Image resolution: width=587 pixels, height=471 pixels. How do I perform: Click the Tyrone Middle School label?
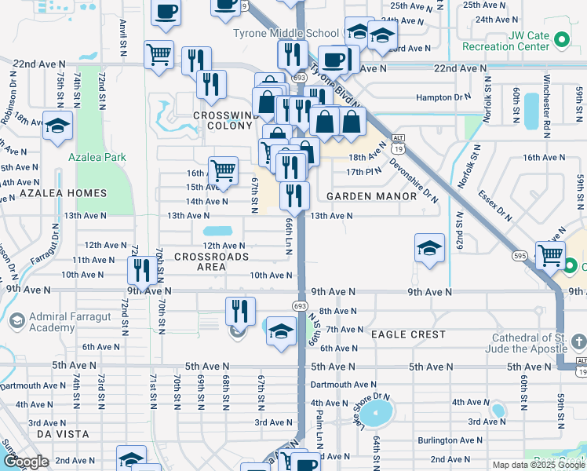point(286,33)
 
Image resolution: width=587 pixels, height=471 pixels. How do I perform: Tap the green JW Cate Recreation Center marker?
point(561,39)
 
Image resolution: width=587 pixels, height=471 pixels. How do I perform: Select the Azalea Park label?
point(97,157)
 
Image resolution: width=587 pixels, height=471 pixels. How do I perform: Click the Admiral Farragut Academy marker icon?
point(16,320)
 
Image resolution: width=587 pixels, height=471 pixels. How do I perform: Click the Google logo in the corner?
point(26,462)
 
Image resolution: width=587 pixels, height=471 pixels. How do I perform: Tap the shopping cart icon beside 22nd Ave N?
point(159,54)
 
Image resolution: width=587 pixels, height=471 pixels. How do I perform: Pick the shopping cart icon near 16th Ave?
point(223,170)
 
